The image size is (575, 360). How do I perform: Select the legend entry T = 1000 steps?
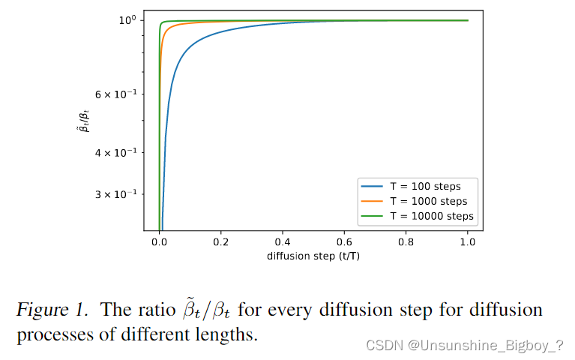[428, 202]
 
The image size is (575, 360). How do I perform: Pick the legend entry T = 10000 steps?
[431, 217]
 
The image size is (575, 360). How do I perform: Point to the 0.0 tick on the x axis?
[159, 243]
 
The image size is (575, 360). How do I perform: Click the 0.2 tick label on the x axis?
[220, 243]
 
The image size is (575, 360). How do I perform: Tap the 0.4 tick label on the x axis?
[283, 243]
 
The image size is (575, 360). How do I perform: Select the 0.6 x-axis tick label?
[344, 243]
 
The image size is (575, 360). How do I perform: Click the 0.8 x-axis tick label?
[406, 243]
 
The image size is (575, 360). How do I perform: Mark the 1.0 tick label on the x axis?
[468, 243]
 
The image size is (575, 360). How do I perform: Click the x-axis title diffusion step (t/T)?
[313, 256]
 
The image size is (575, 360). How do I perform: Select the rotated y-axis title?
[86, 120]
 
